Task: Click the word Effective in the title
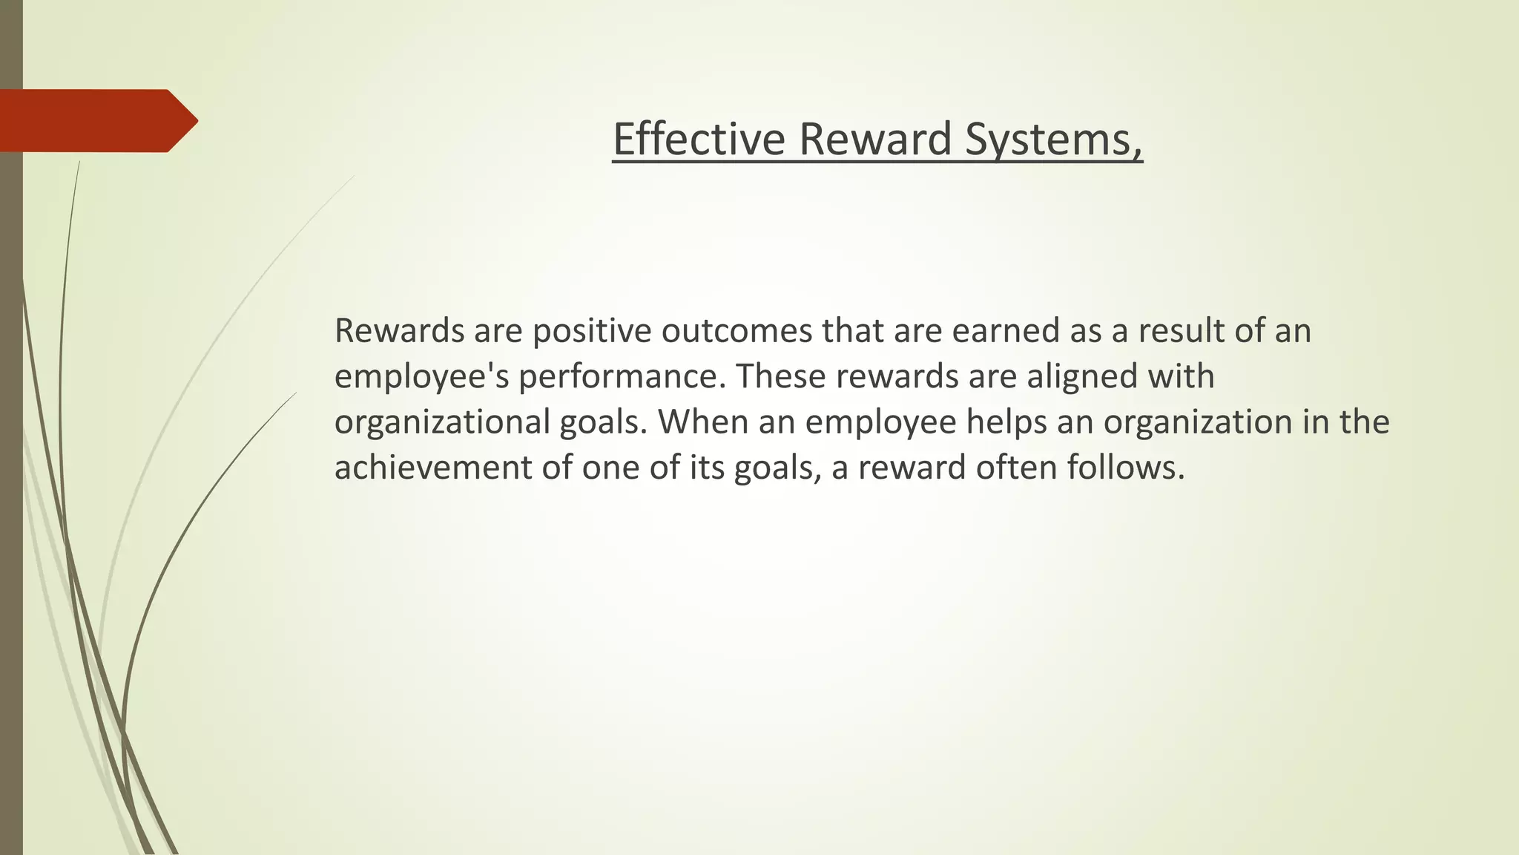(699, 139)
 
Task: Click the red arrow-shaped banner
(96, 121)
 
